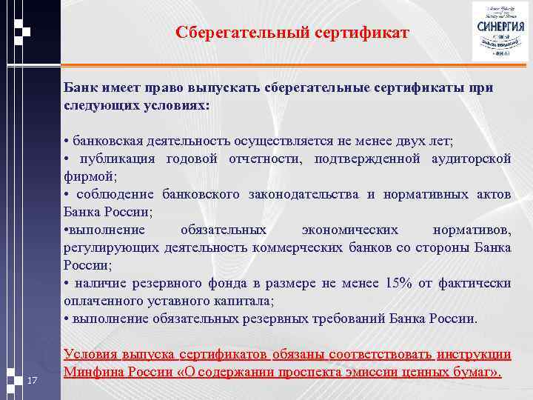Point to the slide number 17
[31, 381]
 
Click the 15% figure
[399, 284]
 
